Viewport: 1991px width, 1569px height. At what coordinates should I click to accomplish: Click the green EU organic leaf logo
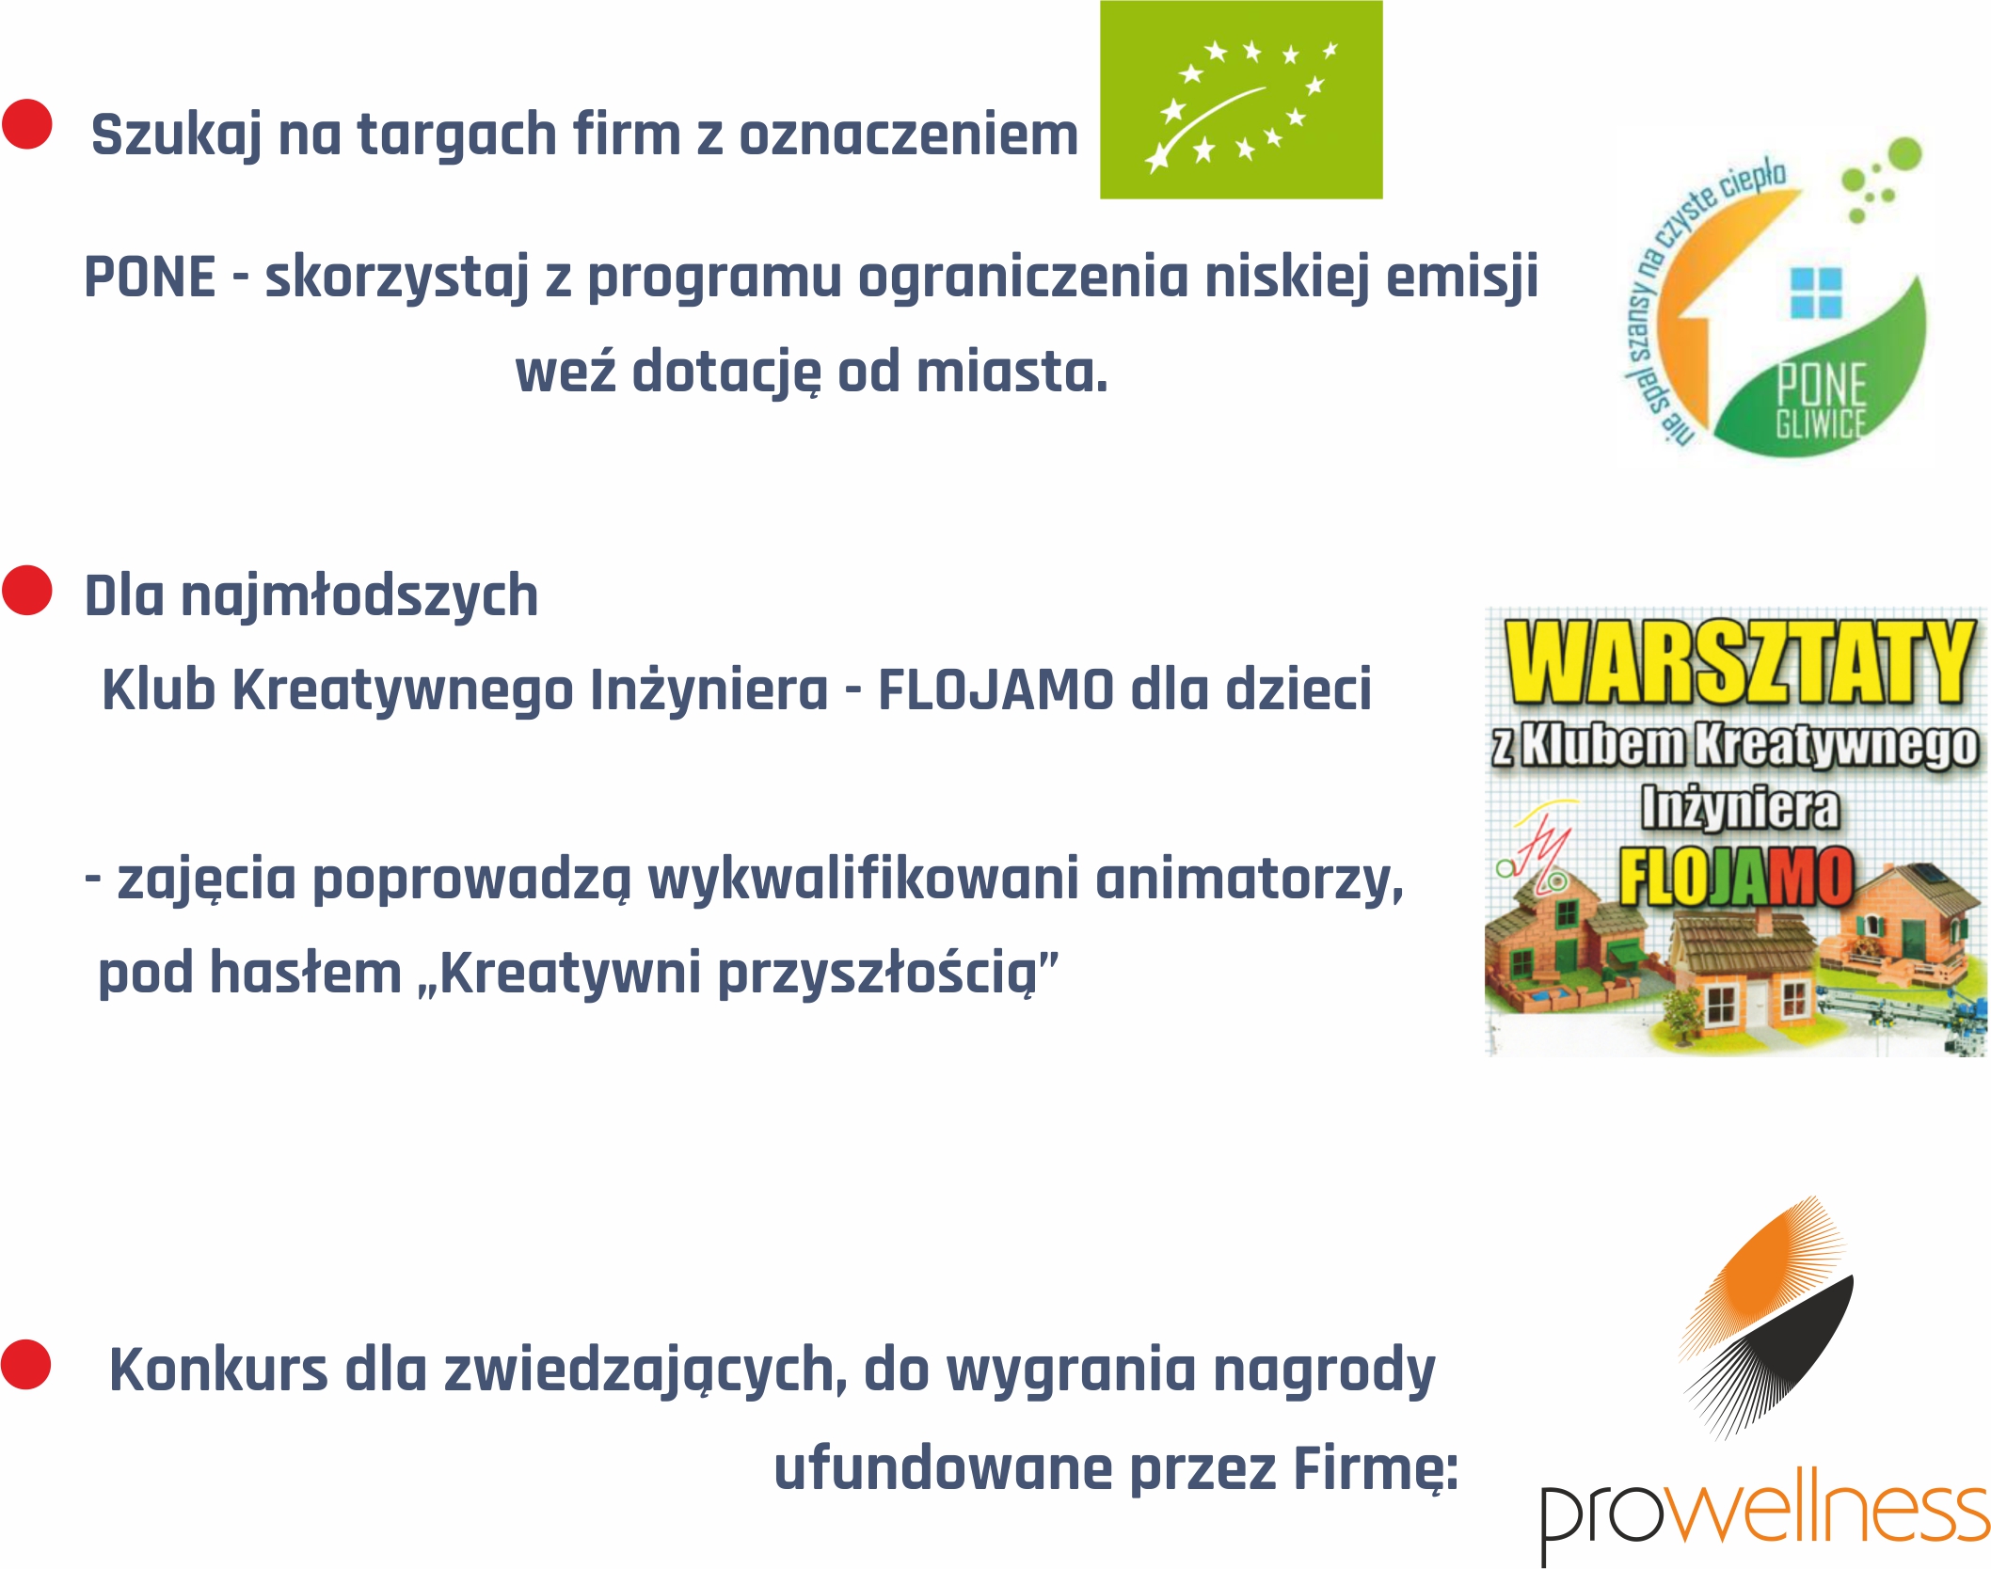[1241, 100]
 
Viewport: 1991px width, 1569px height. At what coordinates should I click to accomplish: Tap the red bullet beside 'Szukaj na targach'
[27, 124]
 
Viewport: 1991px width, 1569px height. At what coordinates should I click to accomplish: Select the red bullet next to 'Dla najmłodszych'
[27, 590]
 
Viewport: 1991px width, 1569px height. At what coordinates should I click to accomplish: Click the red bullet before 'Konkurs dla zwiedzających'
[26, 1365]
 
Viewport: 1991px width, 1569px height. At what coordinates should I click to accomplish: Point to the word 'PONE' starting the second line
[151, 277]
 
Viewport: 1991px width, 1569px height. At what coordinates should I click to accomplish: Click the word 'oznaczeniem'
[909, 135]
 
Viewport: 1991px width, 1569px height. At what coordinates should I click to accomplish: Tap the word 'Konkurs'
[218, 1370]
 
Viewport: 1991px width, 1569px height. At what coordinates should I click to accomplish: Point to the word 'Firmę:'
[1376, 1470]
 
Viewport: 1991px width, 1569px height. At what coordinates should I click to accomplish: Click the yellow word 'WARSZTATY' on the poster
[1739, 662]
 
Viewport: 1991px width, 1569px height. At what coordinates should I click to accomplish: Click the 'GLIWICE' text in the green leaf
[1821, 424]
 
